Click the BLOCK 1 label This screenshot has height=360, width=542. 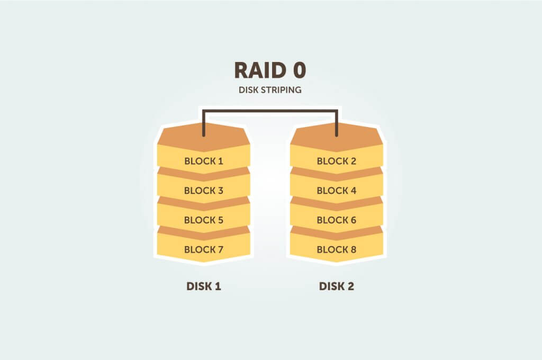203,161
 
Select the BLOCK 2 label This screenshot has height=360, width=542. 336,161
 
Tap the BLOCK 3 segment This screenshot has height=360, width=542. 203,190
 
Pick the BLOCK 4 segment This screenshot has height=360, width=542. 336,190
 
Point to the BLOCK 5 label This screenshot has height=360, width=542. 203,220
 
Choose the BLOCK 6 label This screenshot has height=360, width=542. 336,220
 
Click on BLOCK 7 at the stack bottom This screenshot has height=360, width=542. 203,249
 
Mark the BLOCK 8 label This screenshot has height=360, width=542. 336,249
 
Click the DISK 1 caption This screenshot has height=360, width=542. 203,286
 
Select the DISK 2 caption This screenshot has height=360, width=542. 336,286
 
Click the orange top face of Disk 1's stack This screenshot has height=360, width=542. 203,139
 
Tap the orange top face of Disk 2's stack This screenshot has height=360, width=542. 336,139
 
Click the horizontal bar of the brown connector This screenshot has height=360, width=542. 270,111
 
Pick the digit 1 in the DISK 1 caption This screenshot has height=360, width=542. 218,286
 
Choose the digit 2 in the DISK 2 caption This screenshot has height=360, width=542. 350,286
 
